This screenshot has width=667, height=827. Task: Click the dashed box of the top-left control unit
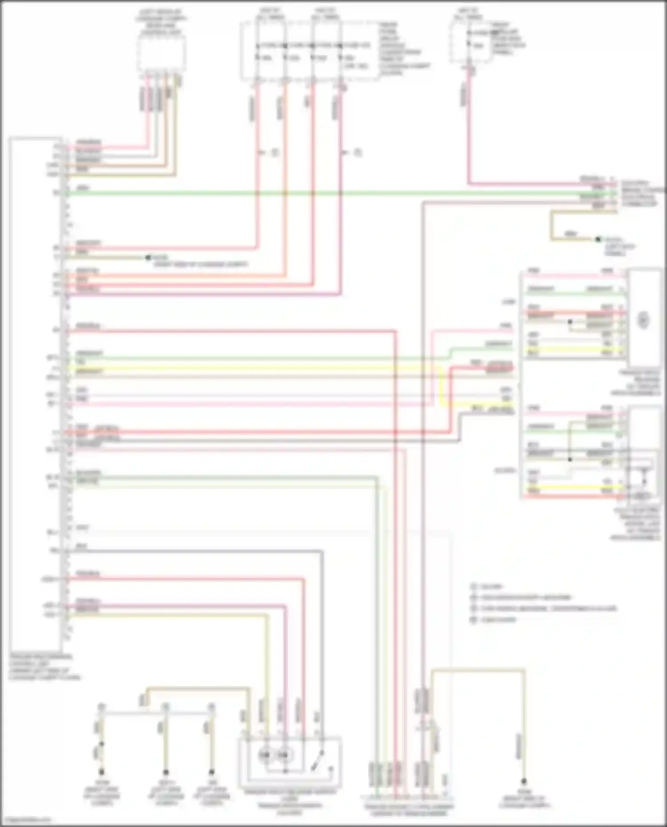[x=161, y=54]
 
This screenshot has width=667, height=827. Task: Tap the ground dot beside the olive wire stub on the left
[x=149, y=258]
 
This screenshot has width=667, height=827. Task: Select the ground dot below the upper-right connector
[x=599, y=239]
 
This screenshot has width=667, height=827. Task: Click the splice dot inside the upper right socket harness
[x=570, y=322]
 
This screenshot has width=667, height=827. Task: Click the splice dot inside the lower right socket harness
[x=570, y=459]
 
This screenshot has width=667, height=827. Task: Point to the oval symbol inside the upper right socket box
[x=643, y=320]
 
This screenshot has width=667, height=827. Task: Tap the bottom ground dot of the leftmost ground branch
[x=101, y=772]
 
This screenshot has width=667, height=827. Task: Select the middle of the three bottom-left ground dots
[x=165, y=772]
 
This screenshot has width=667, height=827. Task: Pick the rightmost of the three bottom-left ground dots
[x=212, y=772]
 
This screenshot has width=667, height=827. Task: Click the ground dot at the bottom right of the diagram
[x=523, y=781]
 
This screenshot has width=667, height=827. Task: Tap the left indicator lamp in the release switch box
[x=265, y=755]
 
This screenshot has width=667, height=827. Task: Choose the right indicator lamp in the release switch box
[x=284, y=755]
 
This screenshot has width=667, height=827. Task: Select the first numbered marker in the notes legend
[x=474, y=587]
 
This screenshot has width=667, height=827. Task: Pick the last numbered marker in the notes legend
[x=474, y=619]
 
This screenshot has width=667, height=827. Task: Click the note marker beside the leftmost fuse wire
[x=274, y=153]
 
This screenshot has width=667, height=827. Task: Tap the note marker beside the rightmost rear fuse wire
[x=358, y=153]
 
